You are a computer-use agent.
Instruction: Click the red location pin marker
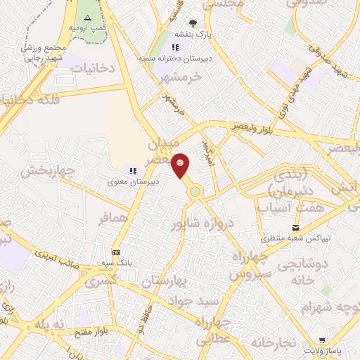tap(181, 165)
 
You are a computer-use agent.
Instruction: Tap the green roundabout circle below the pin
tap(195, 191)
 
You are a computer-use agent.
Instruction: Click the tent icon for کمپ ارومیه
tap(87, 18)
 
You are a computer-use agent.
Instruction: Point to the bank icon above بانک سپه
tap(116, 252)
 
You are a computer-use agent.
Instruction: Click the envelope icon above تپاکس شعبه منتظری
tap(296, 227)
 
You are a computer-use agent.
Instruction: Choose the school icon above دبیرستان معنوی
tap(132, 169)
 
